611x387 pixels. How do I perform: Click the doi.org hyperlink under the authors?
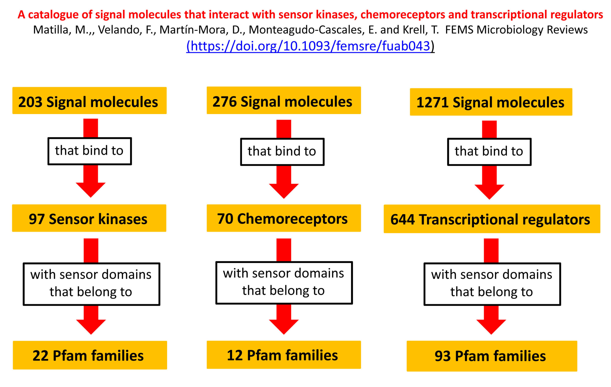(x=310, y=46)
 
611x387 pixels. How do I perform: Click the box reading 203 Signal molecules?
(x=90, y=101)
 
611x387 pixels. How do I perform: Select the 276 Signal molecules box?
(x=284, y=100)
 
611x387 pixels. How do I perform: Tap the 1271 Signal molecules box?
(x=491, y=102)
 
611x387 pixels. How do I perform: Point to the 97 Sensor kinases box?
(x=89, y=218)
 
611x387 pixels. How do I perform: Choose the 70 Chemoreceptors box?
(x=284, y=218)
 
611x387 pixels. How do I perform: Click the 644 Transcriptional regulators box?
(x=492, y=219)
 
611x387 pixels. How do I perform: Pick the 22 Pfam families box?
(x=90, y=355)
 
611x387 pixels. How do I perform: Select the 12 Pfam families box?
(x=284, y=355)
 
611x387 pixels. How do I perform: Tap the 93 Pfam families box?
(x=492, y=356)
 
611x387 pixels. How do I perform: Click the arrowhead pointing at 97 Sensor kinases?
(x=91, y=189)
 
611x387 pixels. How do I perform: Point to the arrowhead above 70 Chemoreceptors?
(x=284, y=191)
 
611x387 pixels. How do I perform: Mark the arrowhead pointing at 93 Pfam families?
(x=491, y=327)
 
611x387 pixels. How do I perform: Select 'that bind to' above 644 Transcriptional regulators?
(x=489, y=152)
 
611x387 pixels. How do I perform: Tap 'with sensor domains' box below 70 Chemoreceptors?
(x=284, y=283)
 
